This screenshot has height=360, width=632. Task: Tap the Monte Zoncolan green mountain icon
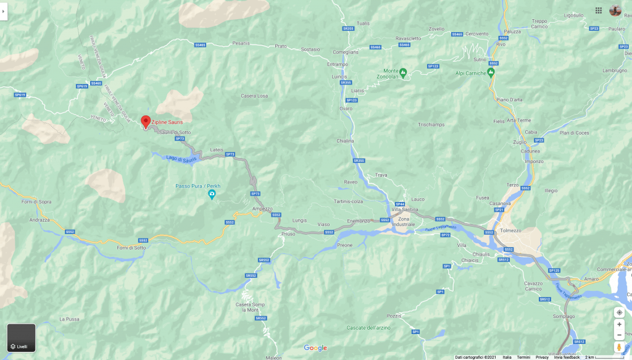(403, 72)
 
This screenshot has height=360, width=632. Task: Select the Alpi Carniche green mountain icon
(491, 72)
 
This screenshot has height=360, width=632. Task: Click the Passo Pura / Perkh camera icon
(212, 195)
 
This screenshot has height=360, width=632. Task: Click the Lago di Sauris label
(181, 159)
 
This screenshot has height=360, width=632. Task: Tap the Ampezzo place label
(262, 209)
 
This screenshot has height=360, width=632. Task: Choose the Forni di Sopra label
(36, 201)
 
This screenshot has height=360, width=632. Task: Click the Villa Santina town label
(405, 209)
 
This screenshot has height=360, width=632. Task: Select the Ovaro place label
(346, 109)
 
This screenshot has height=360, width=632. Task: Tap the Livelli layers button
(21, 338)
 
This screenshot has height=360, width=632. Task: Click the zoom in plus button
(619, 324)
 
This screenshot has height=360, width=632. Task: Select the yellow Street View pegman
(619, 348)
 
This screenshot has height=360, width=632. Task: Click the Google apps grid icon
(598, 10)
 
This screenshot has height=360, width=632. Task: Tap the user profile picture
(615, 10)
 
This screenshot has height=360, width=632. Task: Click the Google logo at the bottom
(315, 348)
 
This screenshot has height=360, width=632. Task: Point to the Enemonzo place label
(359, 220)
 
